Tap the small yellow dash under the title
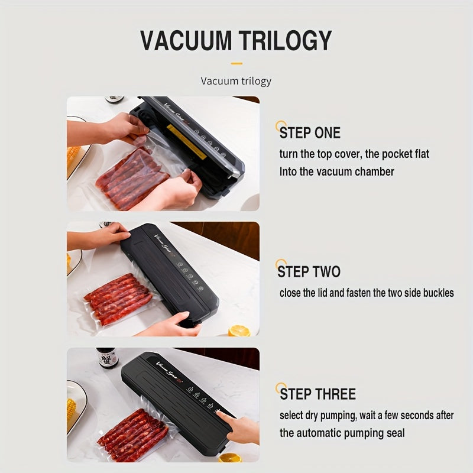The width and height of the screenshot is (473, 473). click(x=237, y=63)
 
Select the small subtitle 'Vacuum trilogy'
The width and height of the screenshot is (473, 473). click(x=236, y=80)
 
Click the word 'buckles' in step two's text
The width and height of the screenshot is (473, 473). click(x=438, y=293)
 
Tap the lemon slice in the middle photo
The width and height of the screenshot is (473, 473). click(x=239, y=331)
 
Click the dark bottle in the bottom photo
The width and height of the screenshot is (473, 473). click(x=108, y=358)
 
